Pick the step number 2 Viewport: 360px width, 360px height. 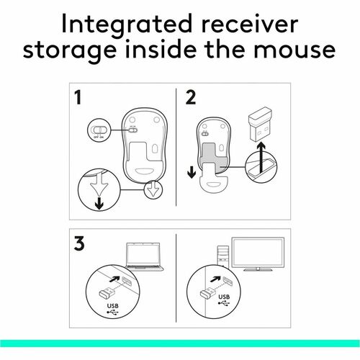[191, 98]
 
